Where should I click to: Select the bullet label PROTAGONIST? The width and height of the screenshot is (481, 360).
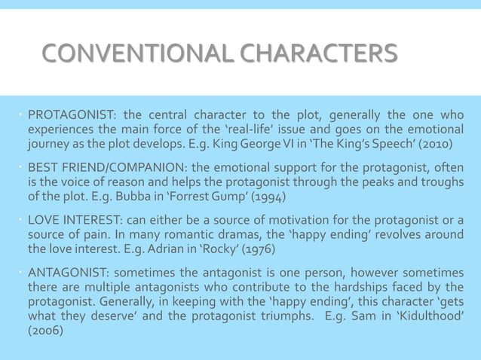pyautogui.click(x=71, y=116)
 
